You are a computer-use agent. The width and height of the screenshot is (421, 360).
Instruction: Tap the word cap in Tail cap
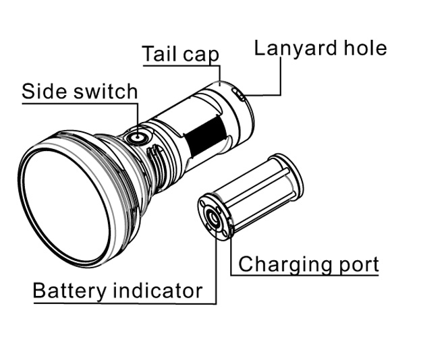201,55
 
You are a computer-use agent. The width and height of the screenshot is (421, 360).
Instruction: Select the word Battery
69,291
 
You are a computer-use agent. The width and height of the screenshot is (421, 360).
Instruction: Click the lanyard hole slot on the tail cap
240,95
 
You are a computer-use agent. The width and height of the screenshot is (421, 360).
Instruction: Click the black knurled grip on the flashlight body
204,138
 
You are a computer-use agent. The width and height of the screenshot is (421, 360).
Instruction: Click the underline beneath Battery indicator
121,303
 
